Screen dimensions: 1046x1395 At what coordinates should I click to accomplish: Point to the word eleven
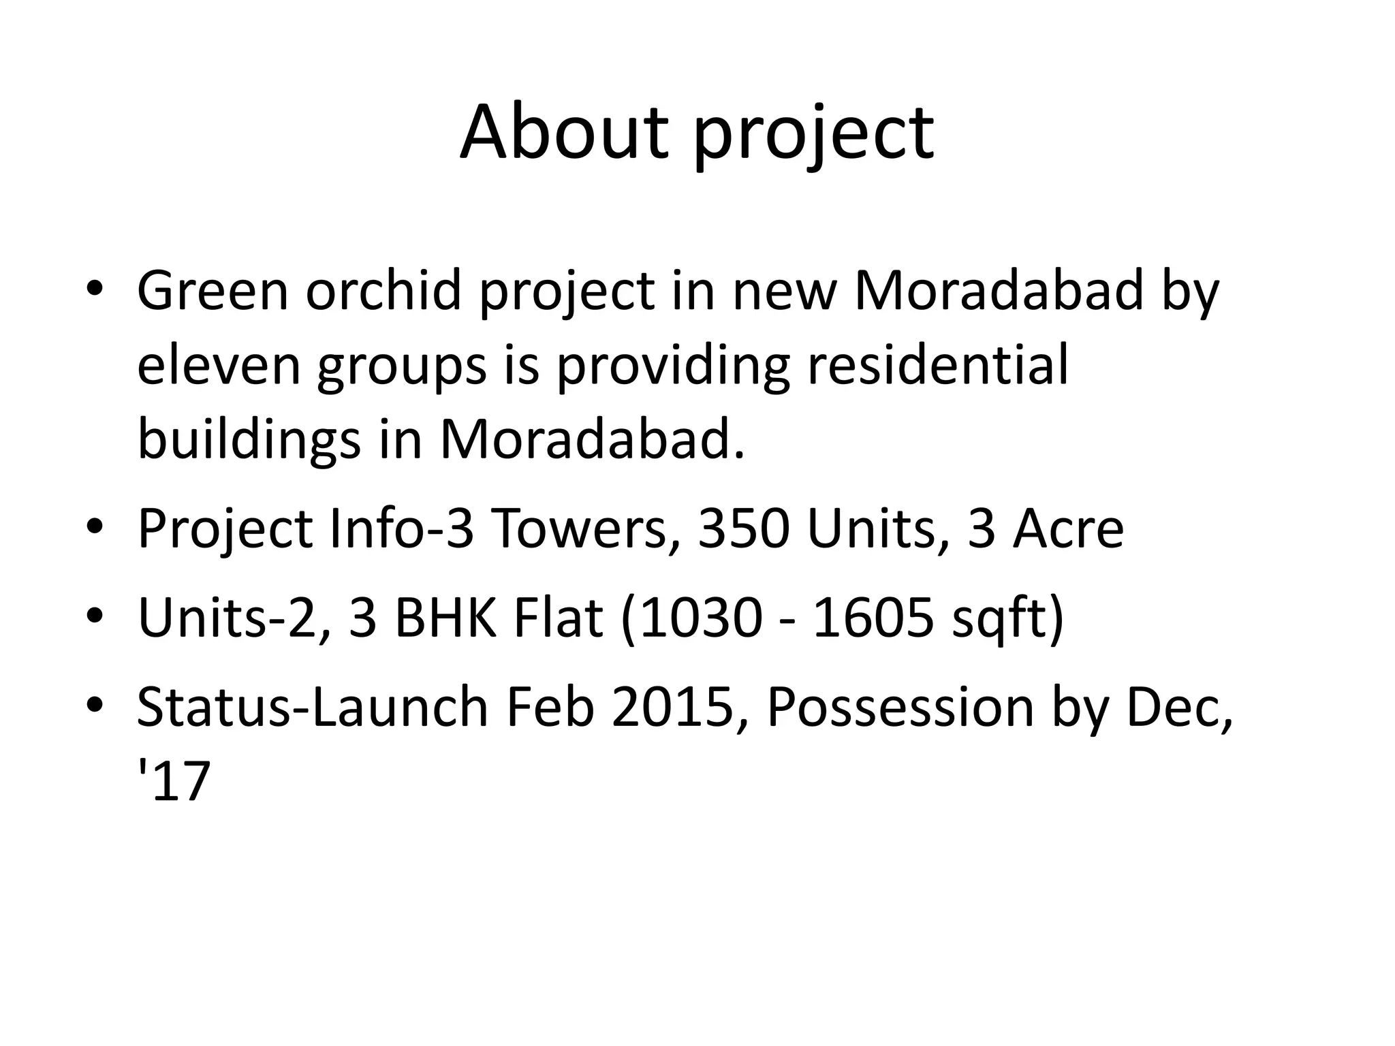tap(219, 365)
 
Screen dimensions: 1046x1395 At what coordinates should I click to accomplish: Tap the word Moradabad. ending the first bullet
tap(592, 439)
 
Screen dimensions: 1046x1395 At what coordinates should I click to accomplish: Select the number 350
tap(744, 529)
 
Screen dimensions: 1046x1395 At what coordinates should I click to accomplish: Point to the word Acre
tap(1067, 529)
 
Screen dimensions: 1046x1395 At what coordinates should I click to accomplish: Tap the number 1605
tap(873, 618)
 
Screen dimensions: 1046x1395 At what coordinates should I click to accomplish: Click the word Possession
tap(899, 708)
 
